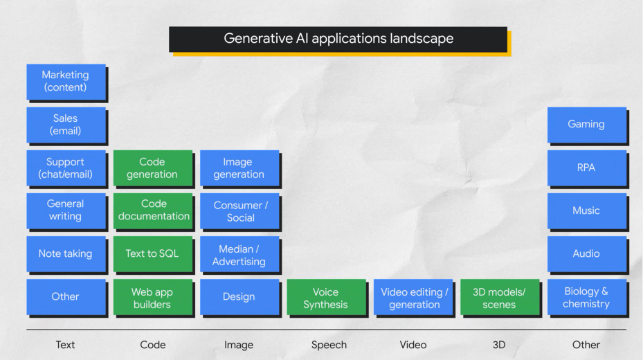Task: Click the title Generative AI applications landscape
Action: pos(338,39)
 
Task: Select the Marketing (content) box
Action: pos(66,82)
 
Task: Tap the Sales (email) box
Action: pos(66,125)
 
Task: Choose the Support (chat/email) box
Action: pos(66,168)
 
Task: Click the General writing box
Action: pos(66,210)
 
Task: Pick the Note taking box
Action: pos(66,253)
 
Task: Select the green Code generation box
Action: pos(152,168)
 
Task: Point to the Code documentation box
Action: pos(153,210)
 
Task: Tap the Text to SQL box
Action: pos(152,253)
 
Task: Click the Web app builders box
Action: pos(152,298)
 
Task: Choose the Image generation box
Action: pos(239,168)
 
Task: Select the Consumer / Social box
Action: pos(239,211)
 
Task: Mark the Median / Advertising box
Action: pos(239,255)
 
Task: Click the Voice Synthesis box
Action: pos(326,298)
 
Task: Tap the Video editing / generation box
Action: pos(414,298)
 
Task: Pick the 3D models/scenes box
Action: pos(500,298)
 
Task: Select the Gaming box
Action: pos(586,125)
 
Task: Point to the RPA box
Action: pos(586,168)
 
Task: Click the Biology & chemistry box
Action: pos(586,298)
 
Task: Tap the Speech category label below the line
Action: pos(329,345)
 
